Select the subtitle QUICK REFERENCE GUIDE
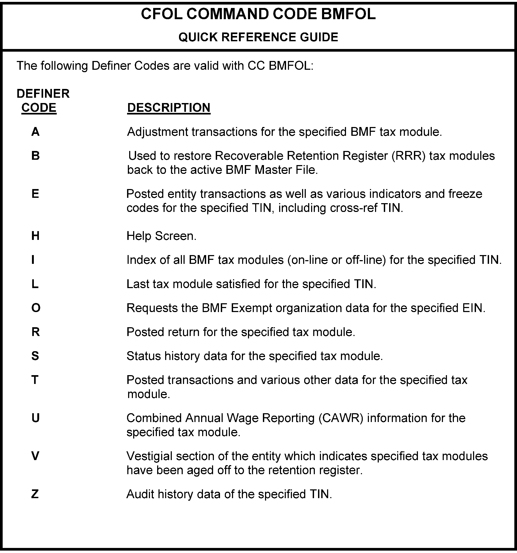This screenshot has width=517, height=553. coord(258,37)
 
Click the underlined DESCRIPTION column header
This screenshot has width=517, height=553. coord(169,108)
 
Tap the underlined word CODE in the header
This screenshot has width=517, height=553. coord(39,108)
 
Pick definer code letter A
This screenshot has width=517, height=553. coord(35,132)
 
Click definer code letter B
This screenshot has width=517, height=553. coord(35,156)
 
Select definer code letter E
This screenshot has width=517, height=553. coord(35,194)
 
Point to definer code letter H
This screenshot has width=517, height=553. coord(35,236)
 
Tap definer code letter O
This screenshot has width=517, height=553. coord(36,308)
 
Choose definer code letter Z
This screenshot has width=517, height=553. coord(35,494)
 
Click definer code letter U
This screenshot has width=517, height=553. coord(36,418)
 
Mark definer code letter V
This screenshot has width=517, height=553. coord(35,456)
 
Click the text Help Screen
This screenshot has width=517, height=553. coord(161,236)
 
